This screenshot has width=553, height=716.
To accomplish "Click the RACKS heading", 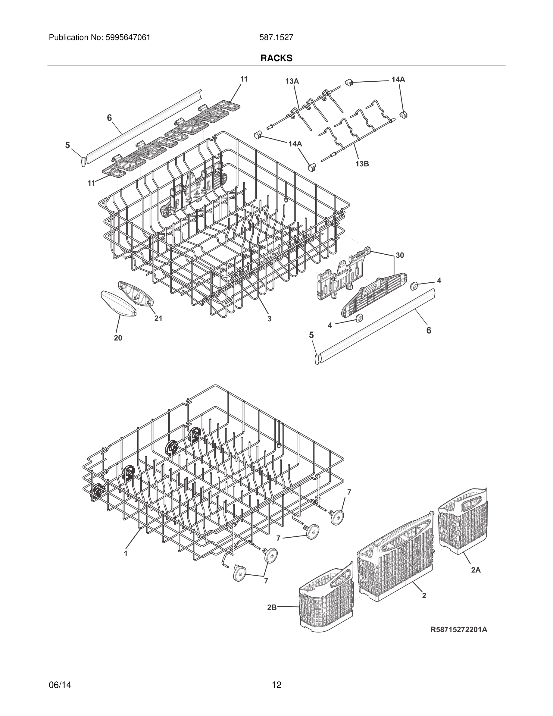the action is tap(276, 58).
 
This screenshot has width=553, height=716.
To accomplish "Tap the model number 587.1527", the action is tap(276, 38).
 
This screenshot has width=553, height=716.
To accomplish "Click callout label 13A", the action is tap(292, 81).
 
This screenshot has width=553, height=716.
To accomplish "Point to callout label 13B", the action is tap(362, 164).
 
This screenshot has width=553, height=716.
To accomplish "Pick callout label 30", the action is tap(400, 255).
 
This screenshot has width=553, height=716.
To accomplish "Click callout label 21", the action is tap(158, 318).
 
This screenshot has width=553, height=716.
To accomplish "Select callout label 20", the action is tap(118, 338).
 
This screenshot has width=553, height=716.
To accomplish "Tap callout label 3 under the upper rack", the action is tap(269, 319).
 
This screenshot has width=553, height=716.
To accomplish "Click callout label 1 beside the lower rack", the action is tap(126, 553).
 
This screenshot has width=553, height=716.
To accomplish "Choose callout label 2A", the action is tap(476, 570).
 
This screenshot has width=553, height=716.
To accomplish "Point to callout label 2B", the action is tap(272, 607).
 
